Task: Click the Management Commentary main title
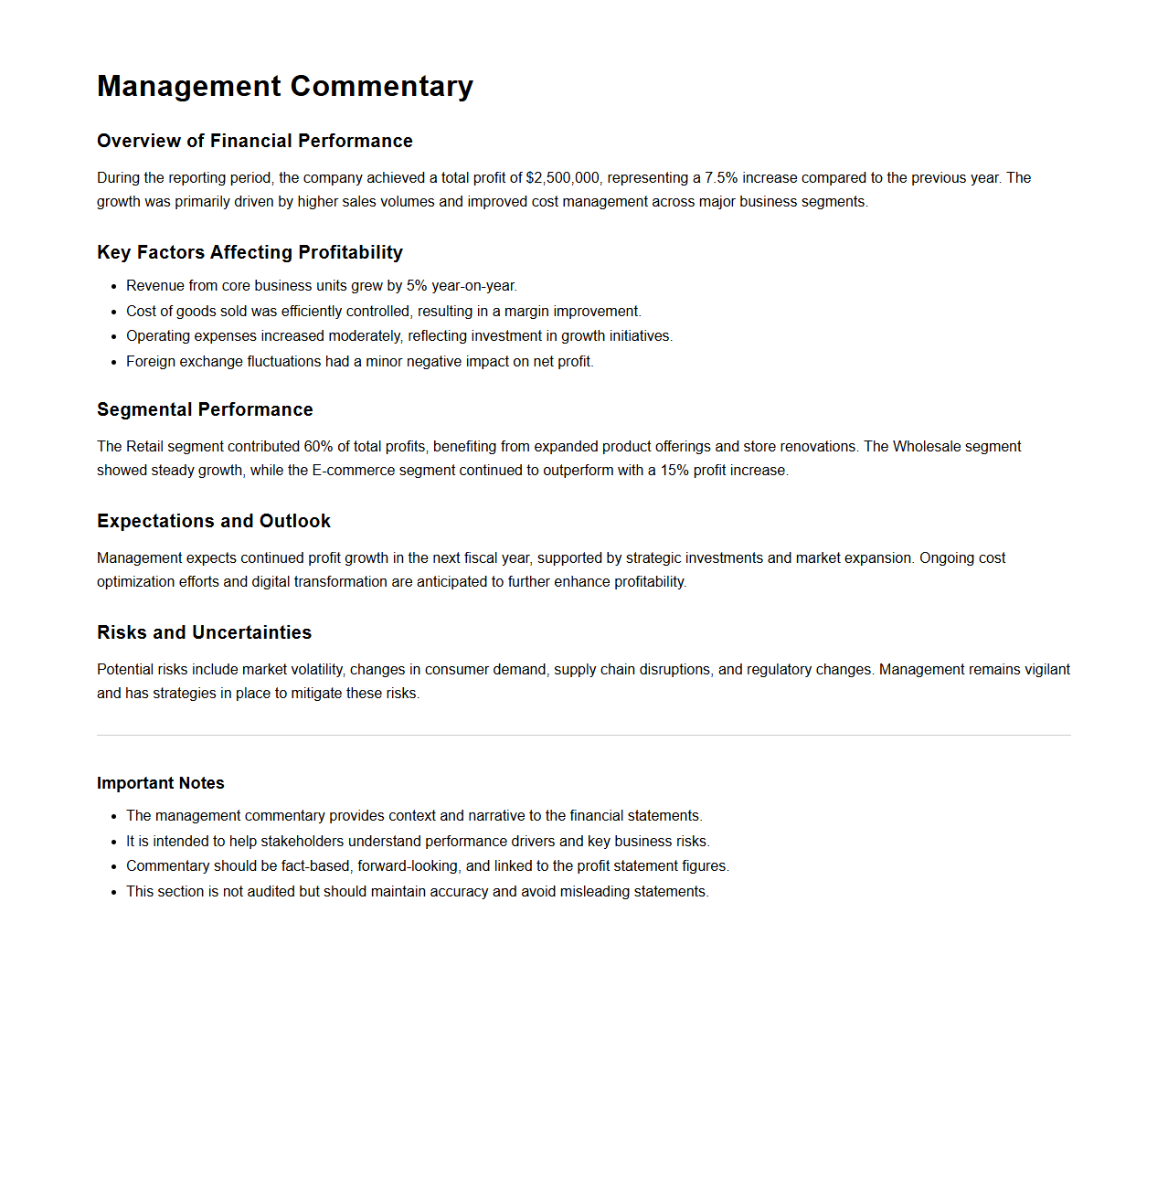(285, 86)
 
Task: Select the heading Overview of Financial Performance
(255, 141)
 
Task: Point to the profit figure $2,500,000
(563, 178)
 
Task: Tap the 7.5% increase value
(721, 178)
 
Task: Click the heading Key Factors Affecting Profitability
(250, 252)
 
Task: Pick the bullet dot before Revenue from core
(114, 287)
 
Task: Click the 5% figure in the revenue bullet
(417, 286)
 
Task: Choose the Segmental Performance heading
(205, 409)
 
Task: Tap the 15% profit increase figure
(674, 471)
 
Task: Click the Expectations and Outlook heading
(214, 521)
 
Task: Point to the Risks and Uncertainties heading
(204, 632)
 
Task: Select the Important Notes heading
(161, 783)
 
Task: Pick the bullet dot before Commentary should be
(114, 867)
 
